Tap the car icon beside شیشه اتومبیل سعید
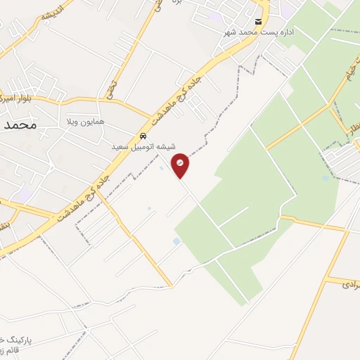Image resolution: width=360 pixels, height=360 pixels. click(143, 136)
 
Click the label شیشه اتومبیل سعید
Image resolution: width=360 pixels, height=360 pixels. click(143, 147)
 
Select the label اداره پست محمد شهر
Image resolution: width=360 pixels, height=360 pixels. click(259, 32)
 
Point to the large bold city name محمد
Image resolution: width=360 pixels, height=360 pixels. click(19, 125)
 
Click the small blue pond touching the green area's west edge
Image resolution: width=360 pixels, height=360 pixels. click(176, 242)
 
